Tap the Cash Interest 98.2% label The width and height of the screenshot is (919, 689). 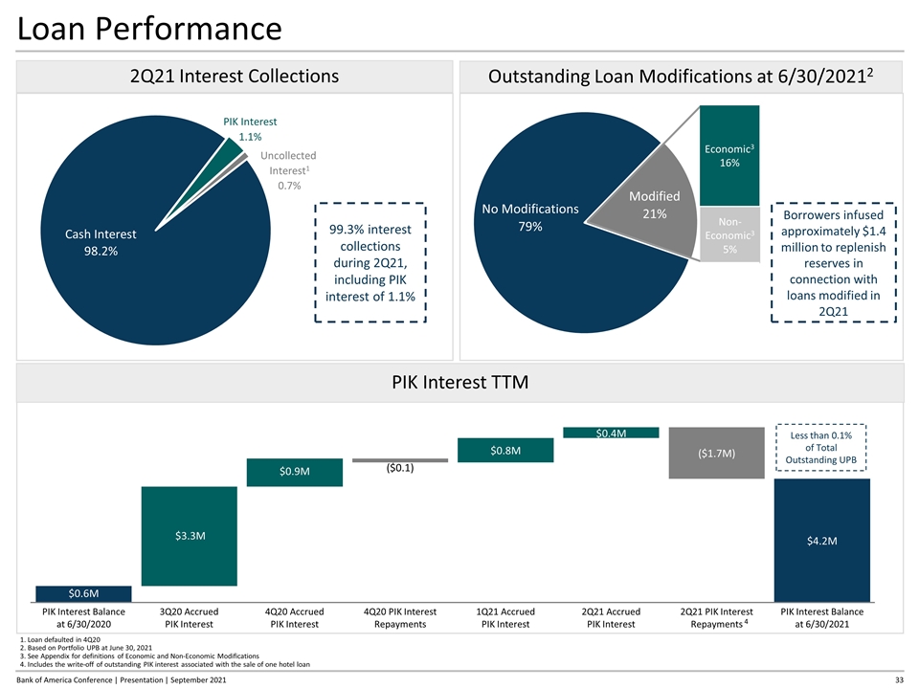pyautogui.click(x=101, y=242)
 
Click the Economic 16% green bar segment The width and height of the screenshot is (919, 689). pyautogui.click(x=730, y=153)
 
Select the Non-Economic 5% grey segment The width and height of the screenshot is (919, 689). pyautogui.click(x=730, y=233)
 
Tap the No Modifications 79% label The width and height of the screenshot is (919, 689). pyautogui.click(x=531, y=217)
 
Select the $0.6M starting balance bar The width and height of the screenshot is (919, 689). pyautogui.click(x=70, y=595)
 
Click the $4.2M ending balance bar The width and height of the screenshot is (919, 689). pyautogui.click(x=820, y=541)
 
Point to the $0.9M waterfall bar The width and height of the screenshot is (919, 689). pyautogui.click(x=294, y=472)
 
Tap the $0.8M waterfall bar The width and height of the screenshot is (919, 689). pyautogui.click(x=505, y=450)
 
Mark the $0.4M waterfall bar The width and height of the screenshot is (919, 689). pyautogui.click(x=611, y=433)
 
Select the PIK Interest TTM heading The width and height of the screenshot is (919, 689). pyautogui.click(x=459, y=383)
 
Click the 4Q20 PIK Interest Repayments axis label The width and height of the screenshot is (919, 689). pyautogui.click(x=399, y=618)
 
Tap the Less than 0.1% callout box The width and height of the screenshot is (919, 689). pyautogui.click(x=820, y=447)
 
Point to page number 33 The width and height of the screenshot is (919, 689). pyautogui.click(x=899, y=679)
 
